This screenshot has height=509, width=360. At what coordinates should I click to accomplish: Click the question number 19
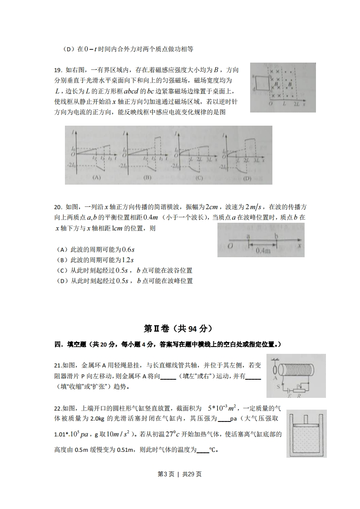58,70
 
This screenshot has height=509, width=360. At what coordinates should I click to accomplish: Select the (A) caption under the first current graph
96,178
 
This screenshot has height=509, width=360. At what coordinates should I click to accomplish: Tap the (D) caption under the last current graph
247,178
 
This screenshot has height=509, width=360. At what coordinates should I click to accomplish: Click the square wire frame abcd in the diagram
261,83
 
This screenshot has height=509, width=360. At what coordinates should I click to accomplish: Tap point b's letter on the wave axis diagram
276,236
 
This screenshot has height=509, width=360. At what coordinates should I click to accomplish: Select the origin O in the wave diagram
231,245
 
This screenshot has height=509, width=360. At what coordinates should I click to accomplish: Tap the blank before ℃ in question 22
203,450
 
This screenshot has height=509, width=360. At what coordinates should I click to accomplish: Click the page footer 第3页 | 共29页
179,474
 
